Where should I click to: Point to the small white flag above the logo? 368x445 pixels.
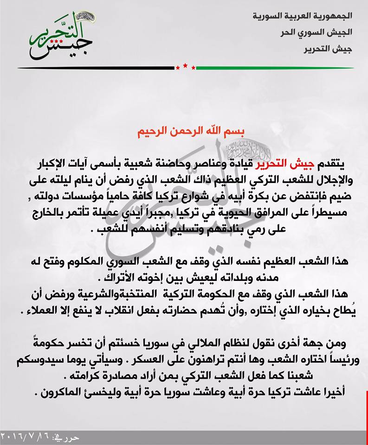pyautogui.click(x=85, y=17)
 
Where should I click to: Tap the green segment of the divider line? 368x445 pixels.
pyautogui.click(x=274, y=68)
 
